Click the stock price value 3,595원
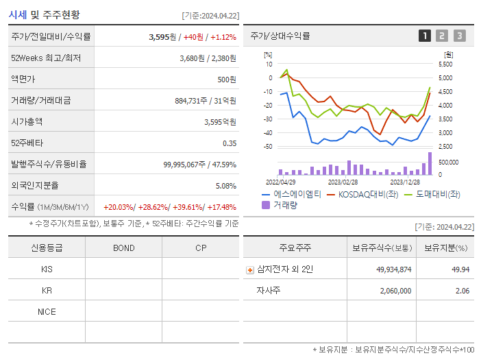pyautogui.click(x=162, y=37)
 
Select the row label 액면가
pyautogui.click(x=25, y=80)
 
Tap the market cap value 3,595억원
pyautogui.click(x=220, y=122)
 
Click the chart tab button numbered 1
pyautogui.click(x=425, y=36)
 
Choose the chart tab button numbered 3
pyautogui.click(x=459, y=36)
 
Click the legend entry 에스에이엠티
pyautogui.click(x=291, y=194)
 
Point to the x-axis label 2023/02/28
pyautogui.click(x=343, y=182)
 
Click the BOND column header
pyautogui.click(x=123, y=248)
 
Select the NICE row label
pyautogui.click(x=47, y=311)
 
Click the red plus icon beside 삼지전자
pyautogui.click(x=249, y=269)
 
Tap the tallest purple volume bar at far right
pyautogui.click(x=430, y=164)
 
